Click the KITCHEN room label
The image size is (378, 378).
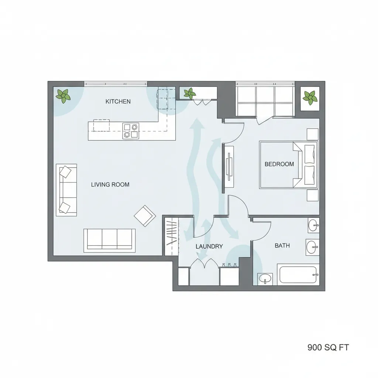(118, 101)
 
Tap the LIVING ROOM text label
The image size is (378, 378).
(110, 184)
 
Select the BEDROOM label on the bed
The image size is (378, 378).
(279, 164)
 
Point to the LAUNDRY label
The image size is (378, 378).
(209, 246)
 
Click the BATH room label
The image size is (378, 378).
(282, 245)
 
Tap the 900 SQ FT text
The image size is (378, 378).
(328, 347)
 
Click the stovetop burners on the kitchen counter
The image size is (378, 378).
(131, 131)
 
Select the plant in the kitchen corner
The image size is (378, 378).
(63, 96)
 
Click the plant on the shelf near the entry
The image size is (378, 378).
(190, 93)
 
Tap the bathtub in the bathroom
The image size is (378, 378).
(298, 275)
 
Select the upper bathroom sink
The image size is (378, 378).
(313, 225)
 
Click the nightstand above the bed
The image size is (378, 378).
(312, 134)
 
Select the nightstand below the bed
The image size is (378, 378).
(312, 195)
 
